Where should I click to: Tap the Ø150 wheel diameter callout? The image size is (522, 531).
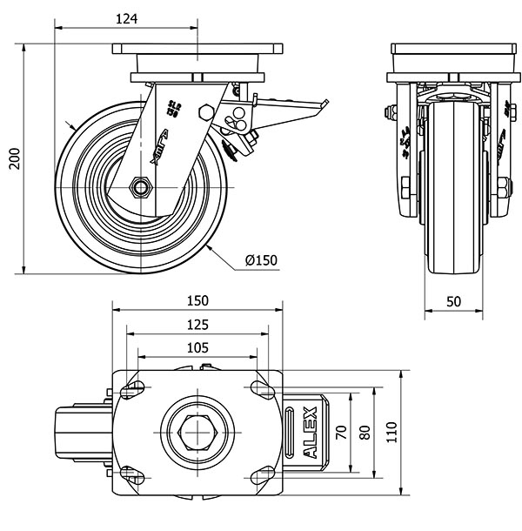click(261, 260)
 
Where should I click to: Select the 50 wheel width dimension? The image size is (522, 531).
click(452, 301)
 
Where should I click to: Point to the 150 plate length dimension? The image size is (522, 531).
click(197, 301)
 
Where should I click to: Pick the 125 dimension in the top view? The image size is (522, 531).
click(197, 325)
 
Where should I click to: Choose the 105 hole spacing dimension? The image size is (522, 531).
click(197, 347)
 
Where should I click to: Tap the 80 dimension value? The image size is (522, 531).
click(365, 430)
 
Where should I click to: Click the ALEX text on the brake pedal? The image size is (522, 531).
click(311, 431)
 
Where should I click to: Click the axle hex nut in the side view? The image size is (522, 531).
click(140, 187)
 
